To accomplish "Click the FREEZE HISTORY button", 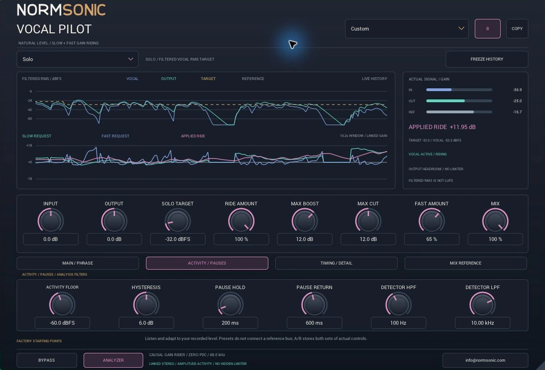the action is [x=487, y=59].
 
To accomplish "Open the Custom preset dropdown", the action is [x=406, y=29].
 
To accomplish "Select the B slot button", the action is [x=488, y=29].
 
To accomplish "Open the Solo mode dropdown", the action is [x=78, y=59].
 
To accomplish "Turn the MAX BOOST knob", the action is [x=304, y=221].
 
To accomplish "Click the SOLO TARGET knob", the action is [x=177, y=221].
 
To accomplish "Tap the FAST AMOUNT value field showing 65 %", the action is [x=431, y=239].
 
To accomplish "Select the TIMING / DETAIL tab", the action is [x=336, y=263].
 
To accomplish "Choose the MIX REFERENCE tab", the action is [x=466, y=263].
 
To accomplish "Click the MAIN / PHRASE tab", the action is [x=78, y=263].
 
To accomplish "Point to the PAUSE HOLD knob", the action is [x=230, y=305].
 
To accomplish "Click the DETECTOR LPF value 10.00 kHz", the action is [x=483, y=323].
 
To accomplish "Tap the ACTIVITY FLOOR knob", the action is [x=62, y=305].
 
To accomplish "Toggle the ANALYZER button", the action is [x=113, y=360].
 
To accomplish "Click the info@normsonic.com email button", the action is [x=485, y=360].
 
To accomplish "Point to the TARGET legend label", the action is [x=208, y=79].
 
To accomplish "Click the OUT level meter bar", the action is [x=459, y=101].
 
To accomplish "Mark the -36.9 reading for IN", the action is [x=517, y=90].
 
